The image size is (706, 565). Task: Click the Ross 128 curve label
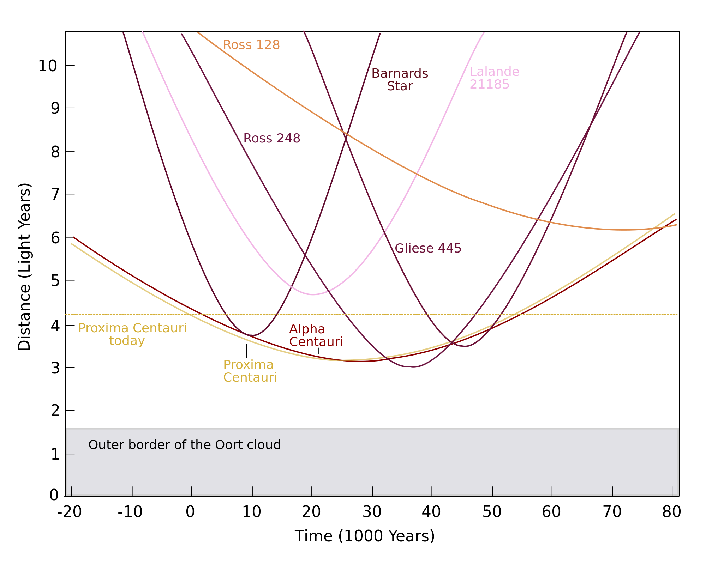pos(251,45)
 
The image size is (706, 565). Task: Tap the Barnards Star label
pos(400,80)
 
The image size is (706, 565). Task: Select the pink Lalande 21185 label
pos(494,78)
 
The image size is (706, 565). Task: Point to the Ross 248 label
pos(272,138)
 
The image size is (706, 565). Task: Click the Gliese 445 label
pos(428,248)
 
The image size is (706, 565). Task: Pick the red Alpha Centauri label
pos(316,335)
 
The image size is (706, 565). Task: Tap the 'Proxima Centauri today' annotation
pos(132,334)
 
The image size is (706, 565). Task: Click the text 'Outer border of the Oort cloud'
pos(184,445)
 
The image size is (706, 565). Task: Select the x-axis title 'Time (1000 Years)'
pos(365,536)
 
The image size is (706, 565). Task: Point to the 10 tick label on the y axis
pos(48,66)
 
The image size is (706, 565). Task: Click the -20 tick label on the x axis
pos(70,512)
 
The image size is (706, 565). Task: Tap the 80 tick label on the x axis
pos(671,512)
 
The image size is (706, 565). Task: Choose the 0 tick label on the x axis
pos(190,512)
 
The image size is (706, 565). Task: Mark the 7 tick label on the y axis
pos(55,194)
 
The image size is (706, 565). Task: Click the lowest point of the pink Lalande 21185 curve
pos(313,294)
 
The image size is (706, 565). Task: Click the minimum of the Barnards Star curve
pos(252,335)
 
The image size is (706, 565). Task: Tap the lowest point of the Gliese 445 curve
pos(465,346)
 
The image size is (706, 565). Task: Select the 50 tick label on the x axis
pos(492,512)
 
